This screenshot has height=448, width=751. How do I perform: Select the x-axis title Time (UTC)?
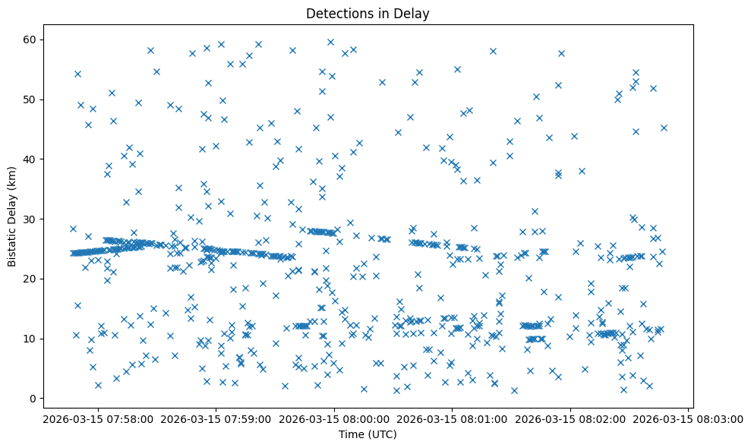pyautogui.click(x=368, y=434)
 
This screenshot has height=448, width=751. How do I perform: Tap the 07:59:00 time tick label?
pyautogui.click(x=213, y=418)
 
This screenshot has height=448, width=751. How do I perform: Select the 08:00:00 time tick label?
pyautogui.click(x=332, y=418)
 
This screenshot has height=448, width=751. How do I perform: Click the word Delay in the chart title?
pyautogui.click(x=413, y=13)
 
